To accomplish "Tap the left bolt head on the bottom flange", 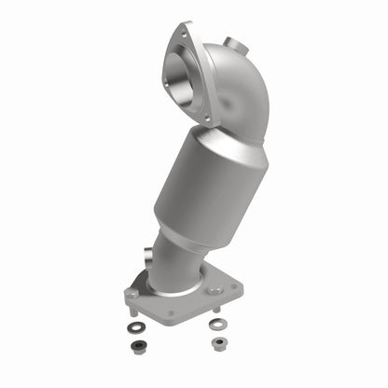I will click(133, 294).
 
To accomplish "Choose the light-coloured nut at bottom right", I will click(219, 343).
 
